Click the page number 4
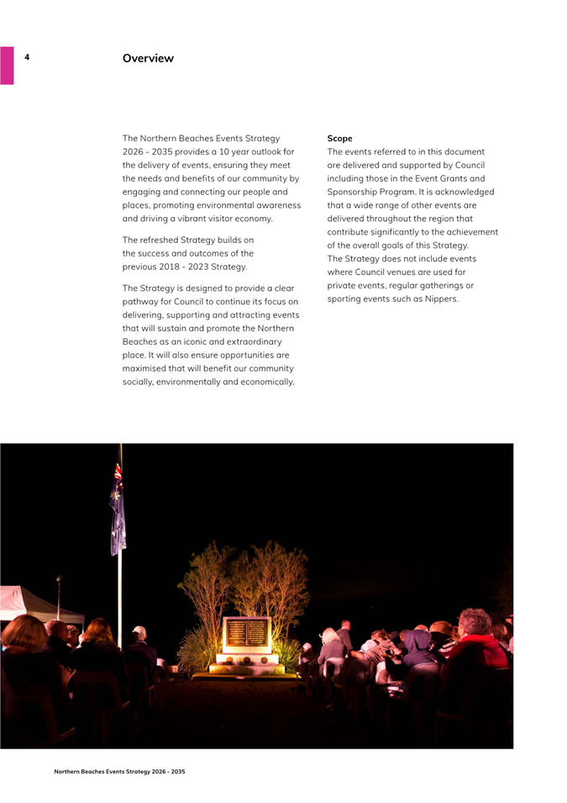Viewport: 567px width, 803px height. (x=27, y=57)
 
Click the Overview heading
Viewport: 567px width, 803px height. (x=148, y=58)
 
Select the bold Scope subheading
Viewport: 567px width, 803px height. (x=339, y=138)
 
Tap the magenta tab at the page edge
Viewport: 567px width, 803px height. (x=7, y=66)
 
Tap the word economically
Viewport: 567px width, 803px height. (x=265, y=382)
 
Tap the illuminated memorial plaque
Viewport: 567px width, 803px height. (x=246, y=632)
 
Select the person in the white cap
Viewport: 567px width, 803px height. (x=139, y=643)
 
